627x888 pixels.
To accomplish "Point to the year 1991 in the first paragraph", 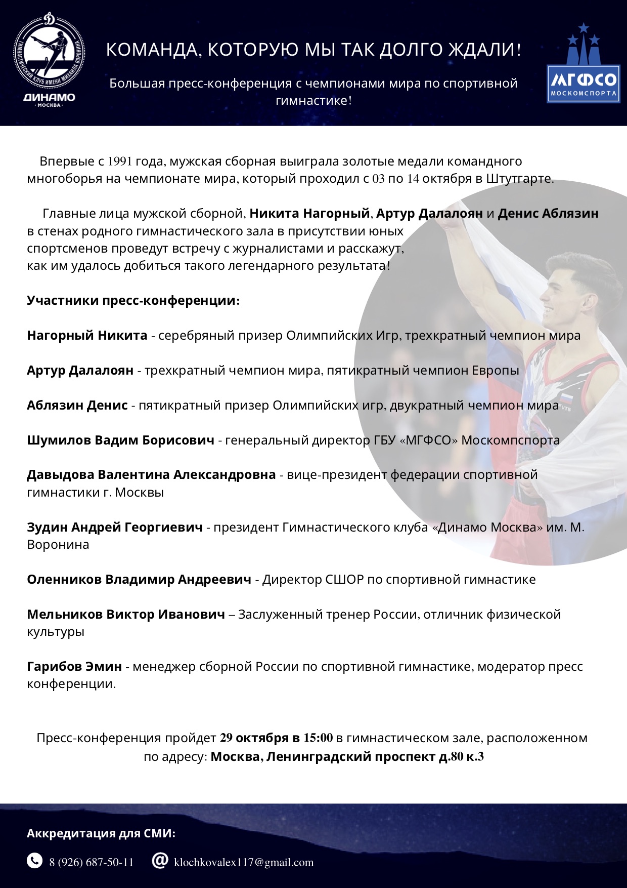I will (120, 162).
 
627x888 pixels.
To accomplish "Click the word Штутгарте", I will (519, 179).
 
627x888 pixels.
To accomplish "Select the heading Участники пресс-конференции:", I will (133, 300).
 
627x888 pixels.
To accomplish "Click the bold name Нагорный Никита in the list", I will (87, 335).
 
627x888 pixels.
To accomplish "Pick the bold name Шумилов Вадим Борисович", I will (120, 440).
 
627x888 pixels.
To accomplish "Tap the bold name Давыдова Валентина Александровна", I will (151, 475).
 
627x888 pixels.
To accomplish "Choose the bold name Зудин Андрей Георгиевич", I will (115, 527).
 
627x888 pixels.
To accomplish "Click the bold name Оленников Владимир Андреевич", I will (139, 579).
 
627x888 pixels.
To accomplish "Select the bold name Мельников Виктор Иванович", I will (126, 614).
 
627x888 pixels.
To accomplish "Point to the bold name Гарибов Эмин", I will (74, 666).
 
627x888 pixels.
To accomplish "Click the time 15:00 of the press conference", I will (318, 738).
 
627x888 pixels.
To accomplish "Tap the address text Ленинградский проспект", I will (351, 756).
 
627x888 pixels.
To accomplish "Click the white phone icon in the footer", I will (34, 860).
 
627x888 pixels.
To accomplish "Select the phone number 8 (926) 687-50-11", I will (92, 862).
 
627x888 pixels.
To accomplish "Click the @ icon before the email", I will (160, 860).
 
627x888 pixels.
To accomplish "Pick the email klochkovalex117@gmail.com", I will (244, 862).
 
